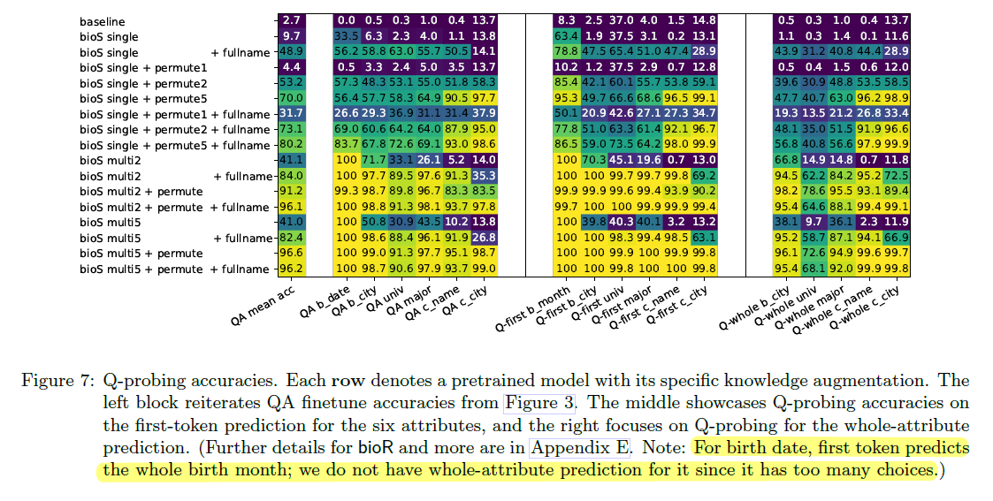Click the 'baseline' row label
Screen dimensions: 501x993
(x=102, y=20)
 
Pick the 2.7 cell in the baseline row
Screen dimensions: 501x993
(x=293, y=20)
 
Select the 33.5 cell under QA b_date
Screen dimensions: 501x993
(x=345, y=36)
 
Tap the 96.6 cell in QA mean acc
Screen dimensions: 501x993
(x=293, y=254)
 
